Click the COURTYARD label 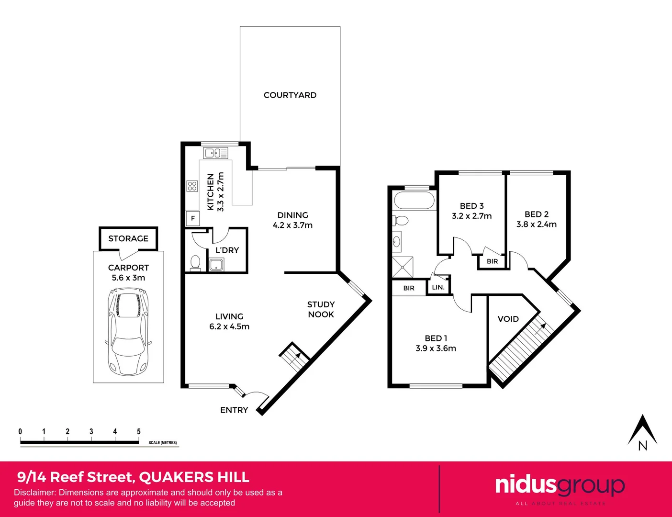[x=290, y=95]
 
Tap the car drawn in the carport [x=128, y=331]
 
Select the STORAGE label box [x=128, y=238]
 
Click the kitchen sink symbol [x=215, y=153]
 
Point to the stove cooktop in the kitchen [x=192, y=186]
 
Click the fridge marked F [x=193, y=218]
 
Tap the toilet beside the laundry [x=195, y=263]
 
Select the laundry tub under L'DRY [x=216, y=264]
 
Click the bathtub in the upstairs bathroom [x=414, y=200]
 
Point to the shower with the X [x=402, y=267]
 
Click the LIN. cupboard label [x=438, y=287]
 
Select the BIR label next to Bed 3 [x=492, y=261]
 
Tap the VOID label [x=508, y=319]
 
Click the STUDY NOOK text [x=321, y=309]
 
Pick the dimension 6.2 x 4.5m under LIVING [x=229, y=326]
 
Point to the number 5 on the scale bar [x=139, y=431]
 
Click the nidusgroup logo [x=560, y=485]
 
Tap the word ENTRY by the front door [x=234, y=410]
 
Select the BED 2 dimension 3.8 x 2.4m [x=536, y=224]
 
